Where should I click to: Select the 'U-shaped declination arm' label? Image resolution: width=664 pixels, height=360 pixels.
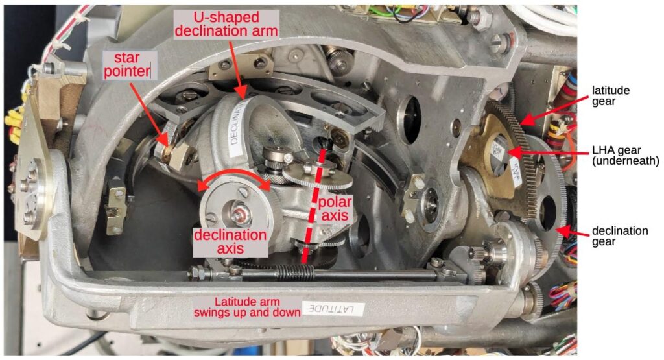(x=226, y=24)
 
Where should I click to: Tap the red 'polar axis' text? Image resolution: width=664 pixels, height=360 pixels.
(x=335, y=208)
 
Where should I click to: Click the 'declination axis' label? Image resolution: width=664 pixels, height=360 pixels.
(x=231, y=241)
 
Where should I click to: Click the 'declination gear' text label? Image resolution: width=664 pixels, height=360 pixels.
(x=620, y=236)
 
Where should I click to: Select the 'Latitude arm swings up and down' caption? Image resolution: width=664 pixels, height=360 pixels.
(x=247, y=307)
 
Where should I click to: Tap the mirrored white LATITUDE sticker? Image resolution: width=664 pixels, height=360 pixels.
(x=333, y=308)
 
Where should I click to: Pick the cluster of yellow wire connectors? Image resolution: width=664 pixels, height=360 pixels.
(x=13, y=123)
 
